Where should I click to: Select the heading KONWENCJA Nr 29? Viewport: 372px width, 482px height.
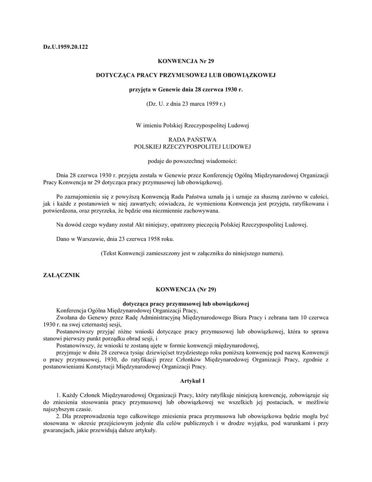coord(185,61)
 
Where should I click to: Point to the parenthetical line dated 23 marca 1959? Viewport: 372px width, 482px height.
coord(186,103)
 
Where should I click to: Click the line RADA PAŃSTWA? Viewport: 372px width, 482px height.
coord(186,139)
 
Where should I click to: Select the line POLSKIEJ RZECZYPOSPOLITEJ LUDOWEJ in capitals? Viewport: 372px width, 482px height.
coord(186,146)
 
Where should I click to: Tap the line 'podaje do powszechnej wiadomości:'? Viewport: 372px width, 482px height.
coord(186,161)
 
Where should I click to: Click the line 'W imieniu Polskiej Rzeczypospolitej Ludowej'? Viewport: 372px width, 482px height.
coord(186,125)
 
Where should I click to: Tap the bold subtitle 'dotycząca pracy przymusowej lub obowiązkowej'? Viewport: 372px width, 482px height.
coord(186,303)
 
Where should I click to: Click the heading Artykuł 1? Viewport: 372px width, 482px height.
coord(186,380)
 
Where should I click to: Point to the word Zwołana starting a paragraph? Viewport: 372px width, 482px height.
coord(68,317)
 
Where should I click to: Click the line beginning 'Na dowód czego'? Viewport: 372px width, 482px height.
coord(181,225)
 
